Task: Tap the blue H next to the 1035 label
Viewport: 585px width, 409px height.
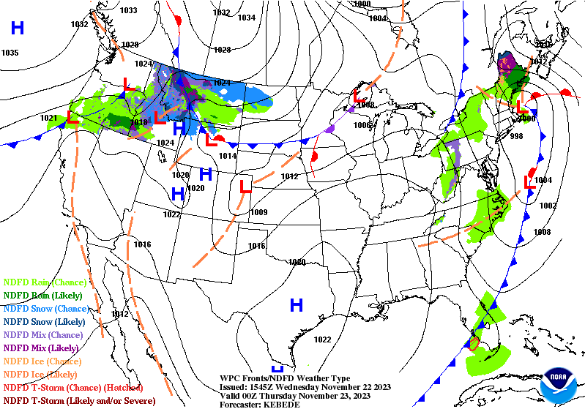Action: tap(17, 29)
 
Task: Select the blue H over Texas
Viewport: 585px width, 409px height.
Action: tap(297, 304)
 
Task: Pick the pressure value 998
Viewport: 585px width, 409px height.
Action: tap(517, 136)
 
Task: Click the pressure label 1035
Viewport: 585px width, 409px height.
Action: tap(10, 53)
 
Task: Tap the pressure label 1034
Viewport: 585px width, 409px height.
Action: tap(247, 18)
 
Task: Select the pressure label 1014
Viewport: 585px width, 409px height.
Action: tap(228, 156)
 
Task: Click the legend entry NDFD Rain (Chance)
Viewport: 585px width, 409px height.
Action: tap(45, 282)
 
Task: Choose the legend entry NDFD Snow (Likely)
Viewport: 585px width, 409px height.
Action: tap(45, 321)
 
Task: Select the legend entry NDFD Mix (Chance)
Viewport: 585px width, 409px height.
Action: tap(44, 334)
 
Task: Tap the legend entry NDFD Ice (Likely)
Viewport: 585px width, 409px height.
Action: tap(42, 374)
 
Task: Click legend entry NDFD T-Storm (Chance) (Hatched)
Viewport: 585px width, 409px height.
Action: tap(72, 387)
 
